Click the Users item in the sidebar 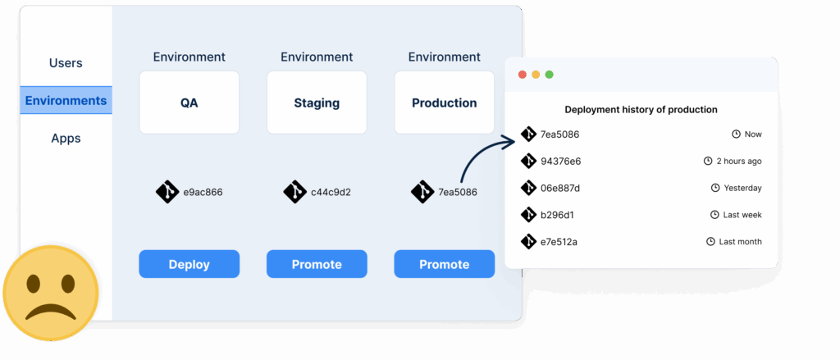coord(66,63)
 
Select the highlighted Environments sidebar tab coord(66,101)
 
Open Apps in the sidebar coord(66,139)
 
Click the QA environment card coord(189,103)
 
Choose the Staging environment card coord(317,103)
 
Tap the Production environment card coord(444,103)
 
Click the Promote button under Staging coord(317,264)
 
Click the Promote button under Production coord(444,264)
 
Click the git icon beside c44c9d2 coord(294,192)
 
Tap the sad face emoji coord(50,292)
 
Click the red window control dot coord(522,75)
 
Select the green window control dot coord(550,75)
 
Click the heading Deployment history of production coord(641,109)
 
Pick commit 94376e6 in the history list coord(560,162)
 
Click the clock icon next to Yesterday coord(714,188)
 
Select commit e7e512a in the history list coord(559,242)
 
